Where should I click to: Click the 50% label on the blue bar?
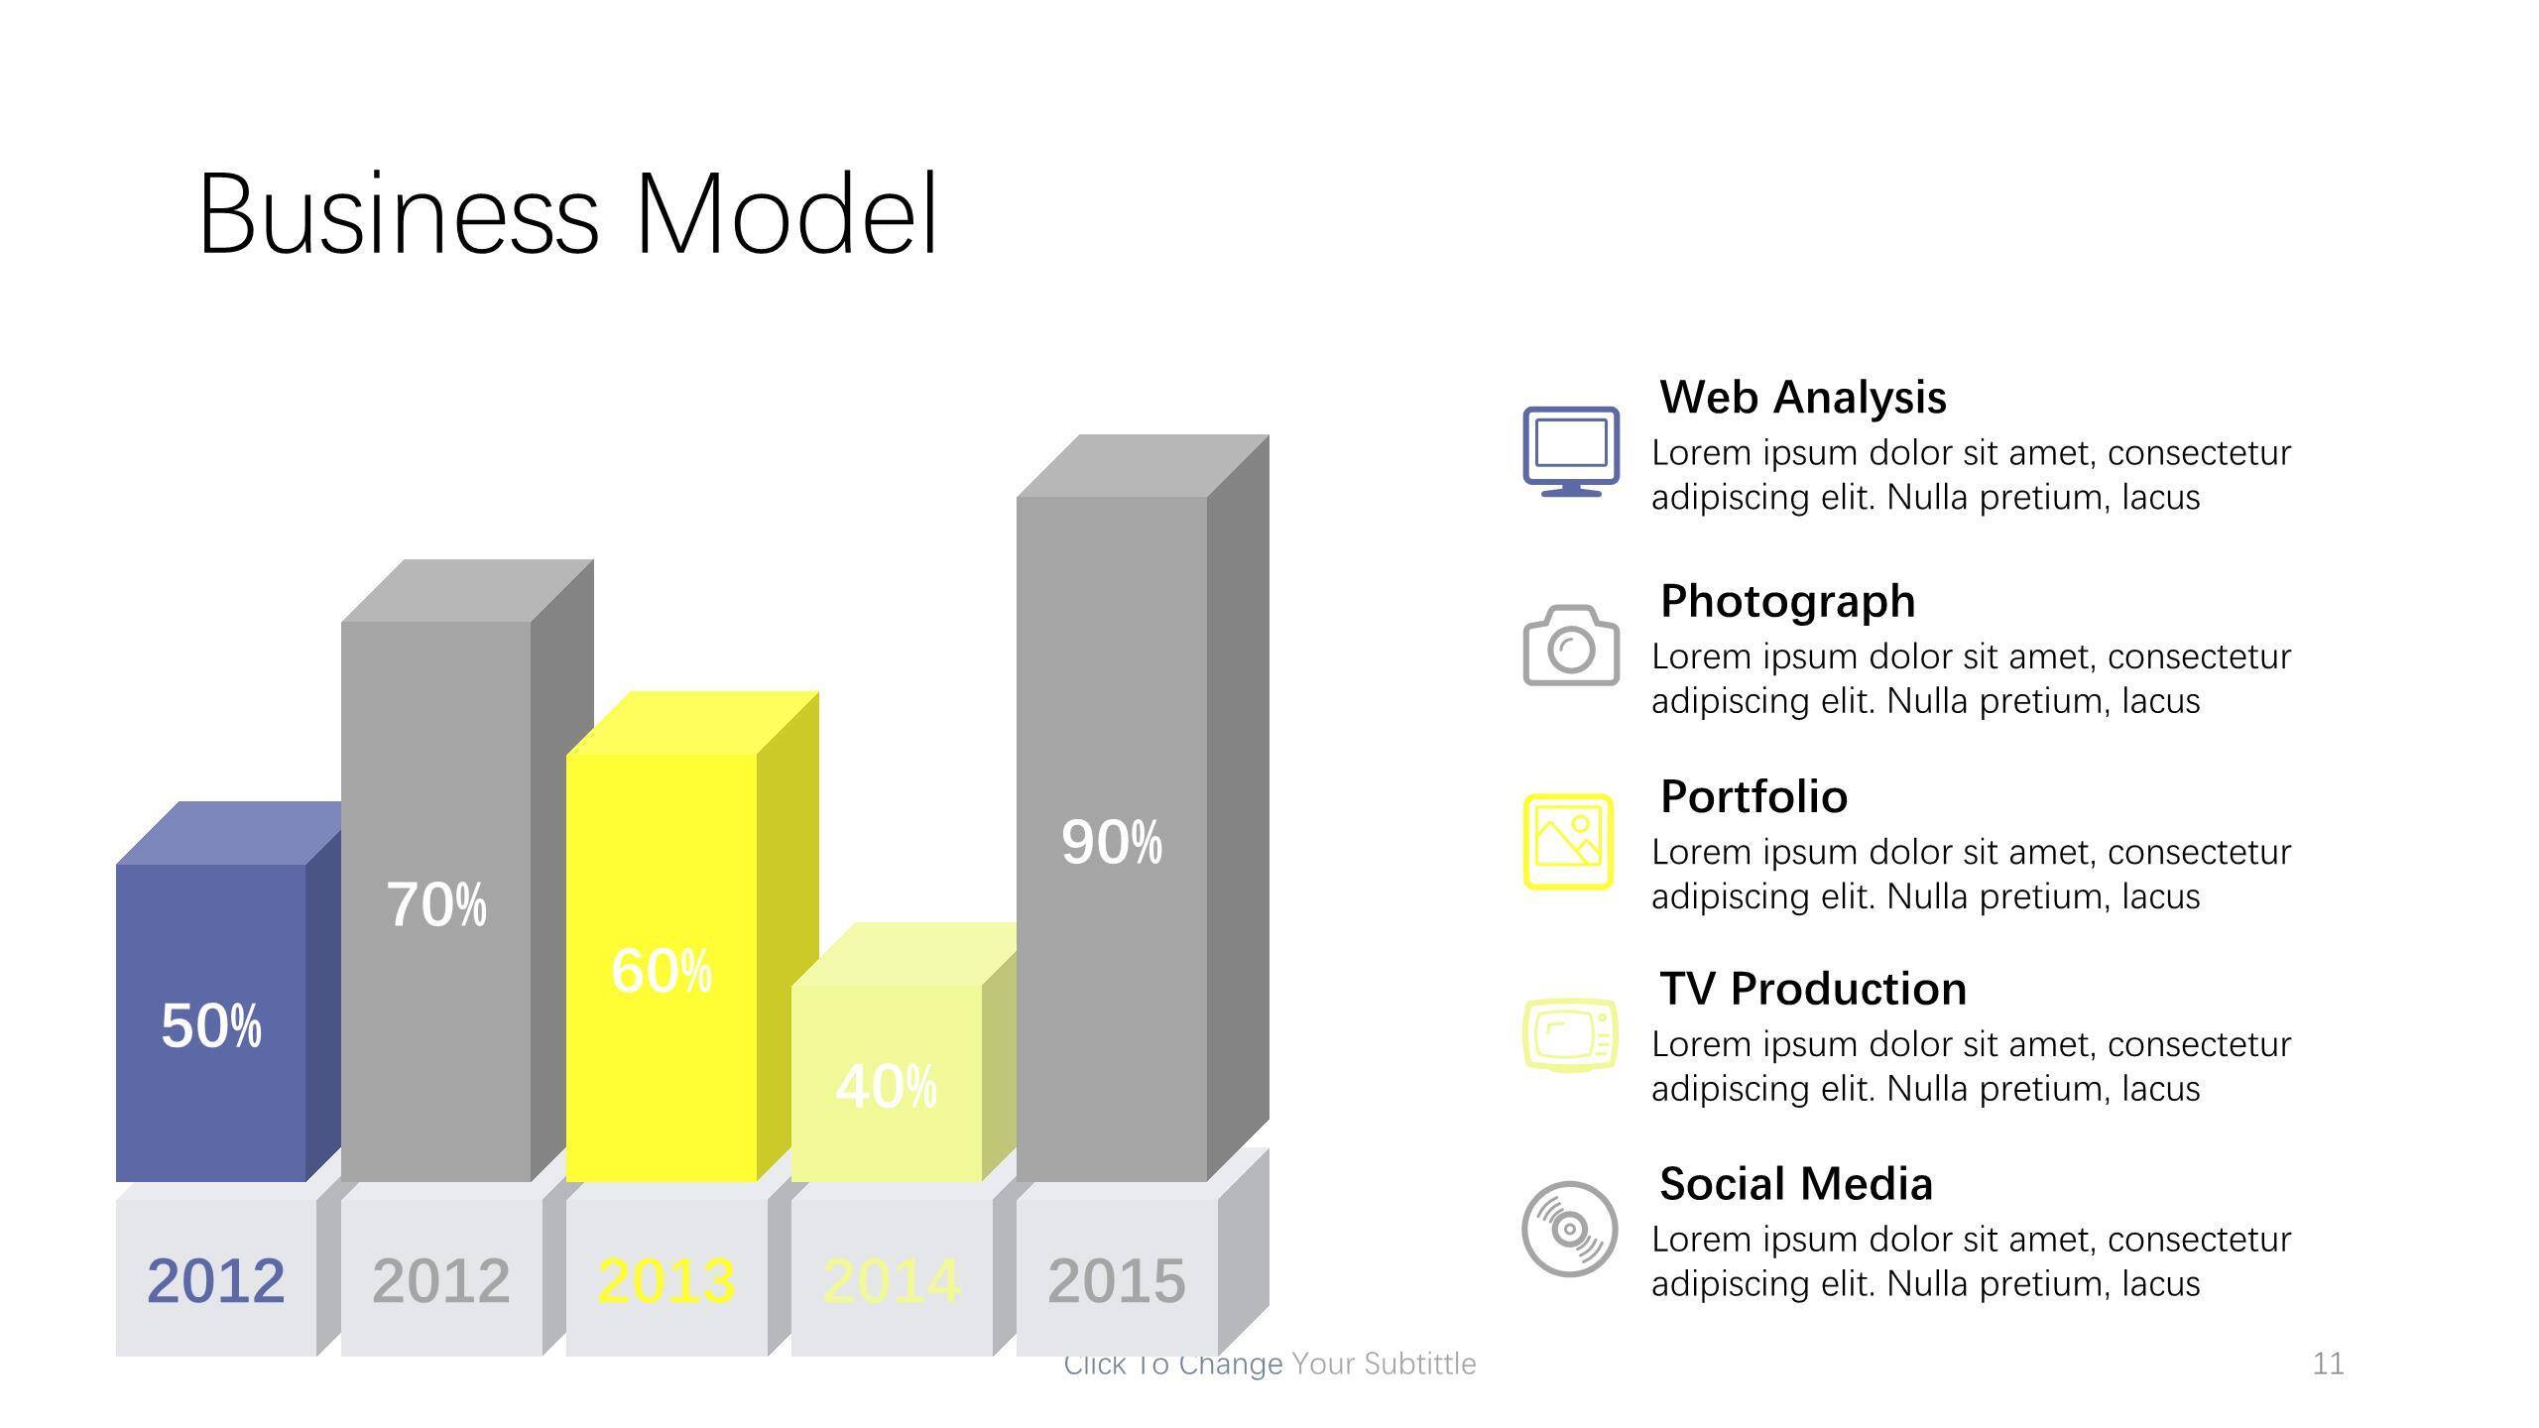(x=211, y=1025)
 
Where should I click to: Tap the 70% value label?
(x=436, y=904)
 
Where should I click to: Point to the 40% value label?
(x=887, y=1087)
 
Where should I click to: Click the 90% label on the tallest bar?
(x=1112, y=843)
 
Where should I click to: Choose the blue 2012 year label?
(x=216, y=1280)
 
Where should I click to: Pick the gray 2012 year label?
(x=441, y=1280)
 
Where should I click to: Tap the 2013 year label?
(x=666, y=1280)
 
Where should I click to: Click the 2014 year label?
(x=892, y=1280)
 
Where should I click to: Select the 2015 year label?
(x=1117, y=1280)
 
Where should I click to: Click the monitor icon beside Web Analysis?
(x=1571, y=451)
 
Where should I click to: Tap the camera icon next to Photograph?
(x=1571, y=646)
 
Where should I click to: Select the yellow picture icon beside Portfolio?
(x=1568, y=841)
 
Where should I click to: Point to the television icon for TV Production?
(x=1570, y=1035)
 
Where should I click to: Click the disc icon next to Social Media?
(x=1569, y=1229)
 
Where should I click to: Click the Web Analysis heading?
(x=1803, y=398)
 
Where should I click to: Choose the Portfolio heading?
(x=1753, y=797)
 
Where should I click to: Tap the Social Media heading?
(x=1796, y=1184)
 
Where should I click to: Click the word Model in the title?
(x=786, y=214)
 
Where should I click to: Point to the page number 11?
(x=2328, y=1364)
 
